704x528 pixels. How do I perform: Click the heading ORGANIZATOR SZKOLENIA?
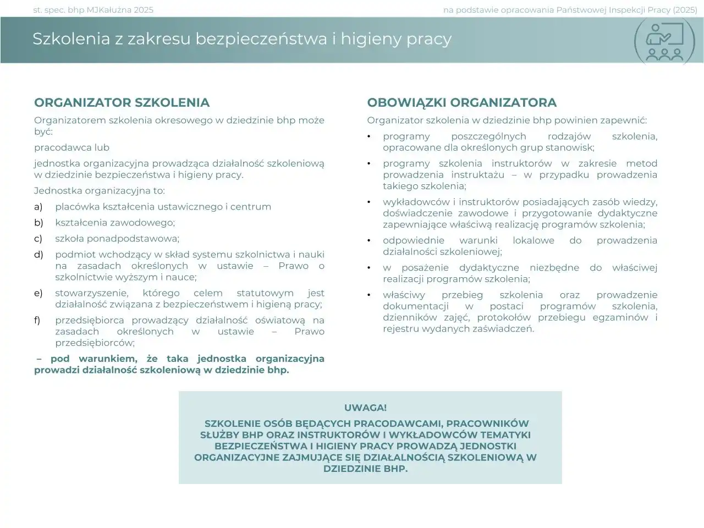click(122, 103)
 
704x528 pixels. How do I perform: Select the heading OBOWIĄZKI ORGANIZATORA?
click(461, 103)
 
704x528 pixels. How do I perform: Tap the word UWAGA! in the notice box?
click(365, 408)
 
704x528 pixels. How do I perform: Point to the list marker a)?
click(38, 207)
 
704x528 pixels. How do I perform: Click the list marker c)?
click(38, 239)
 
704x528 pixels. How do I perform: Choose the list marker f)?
click(37, 320)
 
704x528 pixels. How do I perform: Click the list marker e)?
click(38, 293)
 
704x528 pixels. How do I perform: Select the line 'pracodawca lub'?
click(71, 147)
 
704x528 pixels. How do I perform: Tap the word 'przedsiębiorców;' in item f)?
click(95, 343)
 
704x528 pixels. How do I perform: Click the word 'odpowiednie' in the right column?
click(413, 240)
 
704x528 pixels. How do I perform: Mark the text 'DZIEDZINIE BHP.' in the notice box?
click(365, 469)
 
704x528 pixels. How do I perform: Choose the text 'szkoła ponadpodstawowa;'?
click(117, 239)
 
